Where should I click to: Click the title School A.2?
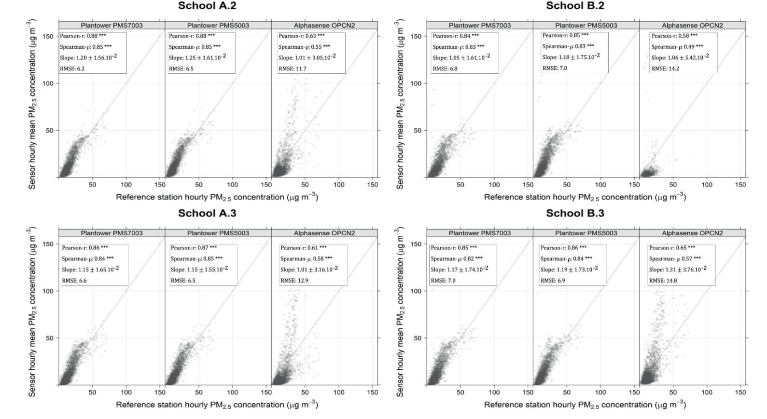point(207,6)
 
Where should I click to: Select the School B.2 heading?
point(575,6)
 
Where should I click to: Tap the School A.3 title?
point(207,213)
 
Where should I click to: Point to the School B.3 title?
point(575,213)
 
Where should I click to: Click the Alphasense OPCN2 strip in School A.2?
point(324,26)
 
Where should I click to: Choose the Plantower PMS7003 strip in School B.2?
point(479,26)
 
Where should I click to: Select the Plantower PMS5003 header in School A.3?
point(218,233)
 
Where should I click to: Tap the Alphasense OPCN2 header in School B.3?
point(692,233)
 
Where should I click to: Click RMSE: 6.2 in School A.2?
point(72,69)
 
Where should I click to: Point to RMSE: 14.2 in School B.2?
point(665,69)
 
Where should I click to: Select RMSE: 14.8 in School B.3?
point(663,281)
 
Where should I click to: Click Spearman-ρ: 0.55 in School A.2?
point(304,47)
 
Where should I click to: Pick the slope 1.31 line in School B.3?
point(677,270)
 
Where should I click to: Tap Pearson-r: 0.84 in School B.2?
point(456,36)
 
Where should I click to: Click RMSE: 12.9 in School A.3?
point(294,281)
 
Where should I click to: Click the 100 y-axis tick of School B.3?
point(416,291)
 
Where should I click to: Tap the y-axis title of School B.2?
point(400,104)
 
